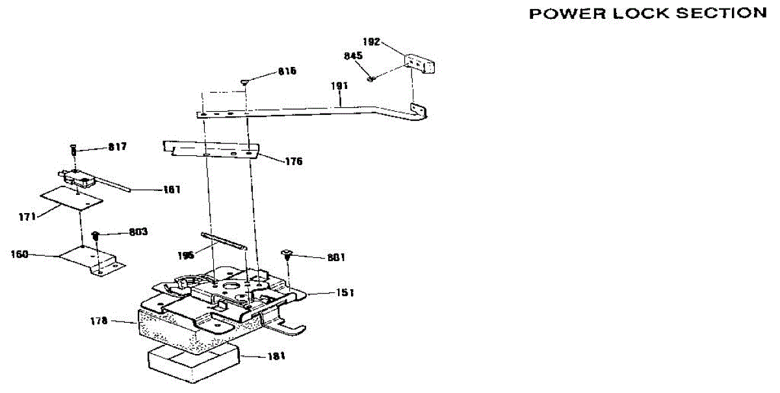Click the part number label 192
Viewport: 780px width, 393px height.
pos(372,42)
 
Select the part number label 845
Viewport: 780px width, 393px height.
pos(353,56)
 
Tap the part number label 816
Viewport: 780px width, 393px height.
pos(287,71)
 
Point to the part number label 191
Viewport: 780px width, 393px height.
pos(340,86)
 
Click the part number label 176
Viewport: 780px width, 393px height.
pos(293,162)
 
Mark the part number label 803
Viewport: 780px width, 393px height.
pos(138,232)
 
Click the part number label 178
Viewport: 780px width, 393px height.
pos(99,320)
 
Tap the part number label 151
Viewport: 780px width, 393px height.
pos(345,293)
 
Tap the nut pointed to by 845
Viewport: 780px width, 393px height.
pos(370,79)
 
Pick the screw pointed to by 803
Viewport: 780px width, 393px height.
pos(96,235)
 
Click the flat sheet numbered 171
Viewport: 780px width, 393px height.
pos(71,197)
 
